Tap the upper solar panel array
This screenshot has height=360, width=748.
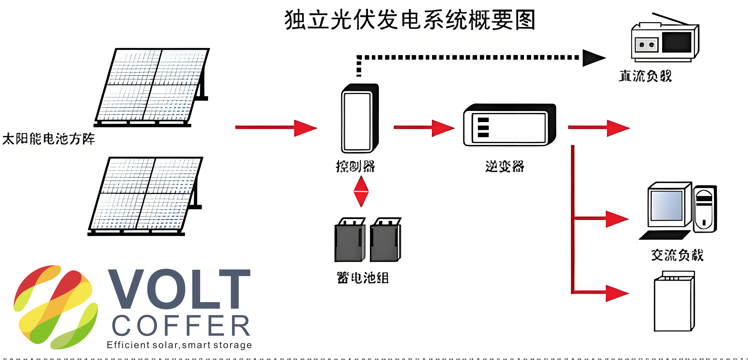[151, 86]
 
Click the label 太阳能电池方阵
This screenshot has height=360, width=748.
[49, 139]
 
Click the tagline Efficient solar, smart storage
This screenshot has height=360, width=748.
[179, 345]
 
